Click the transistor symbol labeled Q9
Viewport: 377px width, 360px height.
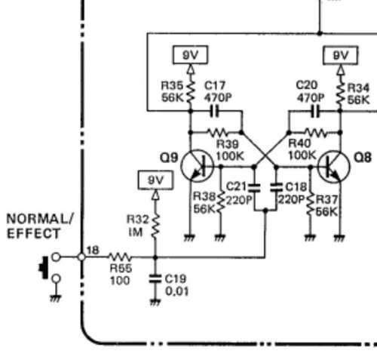point(198,166)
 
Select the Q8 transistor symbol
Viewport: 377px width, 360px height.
point(334,167)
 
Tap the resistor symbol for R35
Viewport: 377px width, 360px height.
point(191,92)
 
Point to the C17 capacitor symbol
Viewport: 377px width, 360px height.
point(215,111)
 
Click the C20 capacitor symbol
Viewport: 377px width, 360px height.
point(315,111)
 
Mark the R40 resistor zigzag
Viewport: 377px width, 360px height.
point(316,132)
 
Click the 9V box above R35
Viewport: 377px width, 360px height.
point(191,55)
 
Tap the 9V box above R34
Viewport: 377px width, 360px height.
point(341,55)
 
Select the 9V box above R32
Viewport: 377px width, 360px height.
point(155,180)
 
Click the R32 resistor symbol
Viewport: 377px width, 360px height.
point(155,226)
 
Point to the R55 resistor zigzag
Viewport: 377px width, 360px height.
point(120,257)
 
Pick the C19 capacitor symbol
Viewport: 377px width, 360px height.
point(155,278)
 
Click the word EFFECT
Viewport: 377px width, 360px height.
point(33,233)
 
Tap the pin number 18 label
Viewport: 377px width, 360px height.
point(93,250)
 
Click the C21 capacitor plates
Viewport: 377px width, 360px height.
point(254,188)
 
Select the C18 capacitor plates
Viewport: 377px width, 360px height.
point(276,188)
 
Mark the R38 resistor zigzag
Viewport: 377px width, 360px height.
point(221,202)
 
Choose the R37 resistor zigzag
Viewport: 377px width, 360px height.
point(311,203)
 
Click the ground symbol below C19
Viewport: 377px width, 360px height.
point(155,302)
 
